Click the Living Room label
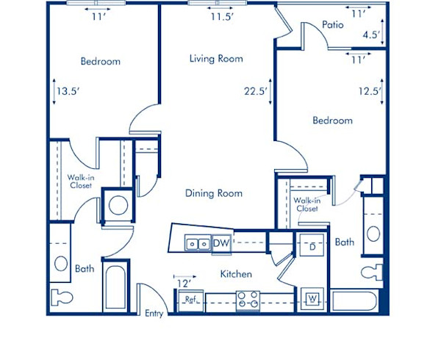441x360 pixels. pos(215,59)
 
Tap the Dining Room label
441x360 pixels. pos(213,193)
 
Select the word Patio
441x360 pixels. pos(333,25)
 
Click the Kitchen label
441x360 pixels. pos(237,274)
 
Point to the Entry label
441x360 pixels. pos(154,314)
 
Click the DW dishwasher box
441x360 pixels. pos(221,242)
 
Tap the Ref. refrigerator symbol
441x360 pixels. pos(190,300)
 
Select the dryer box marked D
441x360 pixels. pos(311,246)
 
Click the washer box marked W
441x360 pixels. pos(312,299)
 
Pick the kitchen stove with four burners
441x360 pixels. pos(247,299)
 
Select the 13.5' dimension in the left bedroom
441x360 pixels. pos(68,92)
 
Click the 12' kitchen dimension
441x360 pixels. pos(183,282)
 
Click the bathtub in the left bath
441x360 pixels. pos(114,289)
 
